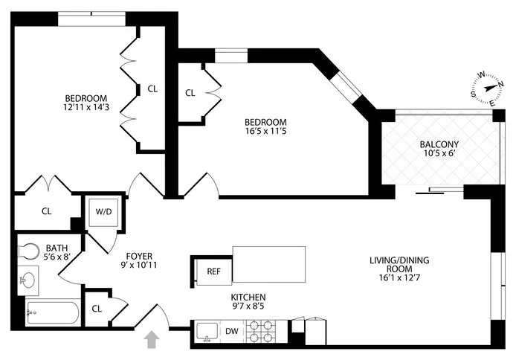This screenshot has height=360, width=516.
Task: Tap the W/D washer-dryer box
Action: [101, 210]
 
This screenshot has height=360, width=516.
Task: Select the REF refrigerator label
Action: [213, 271]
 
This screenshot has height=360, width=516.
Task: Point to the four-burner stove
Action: [262, 331]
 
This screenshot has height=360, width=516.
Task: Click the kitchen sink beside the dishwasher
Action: [207, 332]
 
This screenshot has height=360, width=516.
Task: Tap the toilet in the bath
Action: [28, 252]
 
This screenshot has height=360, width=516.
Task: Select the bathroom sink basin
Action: [30, 281]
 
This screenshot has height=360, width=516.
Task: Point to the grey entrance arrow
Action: [152, 340]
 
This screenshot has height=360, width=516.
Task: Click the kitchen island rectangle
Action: [269, 263]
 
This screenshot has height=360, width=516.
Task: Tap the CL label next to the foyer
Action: [97, 308]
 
